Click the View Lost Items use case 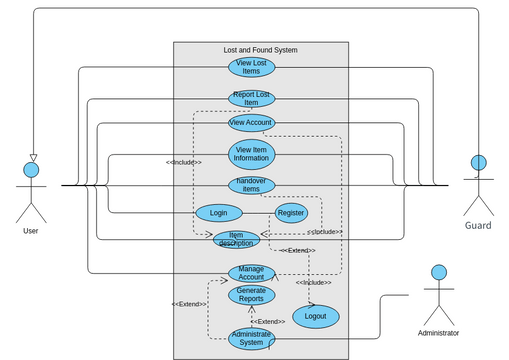[x=251, y=67]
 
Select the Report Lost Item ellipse [x=251, y=98]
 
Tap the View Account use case [x=251, y=123]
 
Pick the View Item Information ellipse [x=251, y=154]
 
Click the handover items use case [x=251, y=185]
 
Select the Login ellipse [x=218, y=213]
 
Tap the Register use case [x=291, y=213]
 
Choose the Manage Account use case [x=251, y=272]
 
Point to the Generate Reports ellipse [x=251, y=294]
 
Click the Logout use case [x=315, y=316]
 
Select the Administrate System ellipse [x=251, y=339]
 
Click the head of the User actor [x=32, y=171]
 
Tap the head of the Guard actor [x=478, y=163]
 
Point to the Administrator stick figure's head [x=438, y=272]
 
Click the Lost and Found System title [x=260, y=50]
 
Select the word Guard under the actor [x=478, y=226]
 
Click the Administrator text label [x=438, y=332]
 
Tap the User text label [x=31, y=231]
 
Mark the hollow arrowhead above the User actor [x=32, y=156]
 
